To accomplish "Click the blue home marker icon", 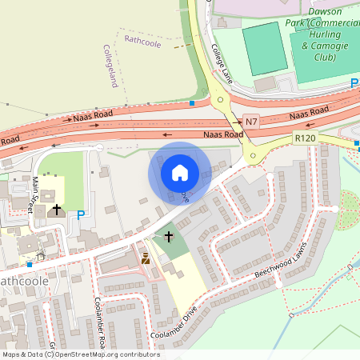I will [x=180, y=172].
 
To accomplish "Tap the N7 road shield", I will [x=252, y=122].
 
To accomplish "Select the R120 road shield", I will [x=305, y=138].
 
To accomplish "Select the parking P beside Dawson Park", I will [x=354, y=83].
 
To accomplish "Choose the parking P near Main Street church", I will [x=80, y=214].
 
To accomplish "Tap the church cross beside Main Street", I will [x=56, y=210].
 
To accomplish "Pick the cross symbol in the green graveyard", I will [x=168, y=237].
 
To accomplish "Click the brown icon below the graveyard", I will [x=146, y=258].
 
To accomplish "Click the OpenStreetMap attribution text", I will [x=80, y=354].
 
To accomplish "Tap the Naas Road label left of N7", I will [x=222, y=134].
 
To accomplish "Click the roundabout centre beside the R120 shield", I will [x=254, y=156].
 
